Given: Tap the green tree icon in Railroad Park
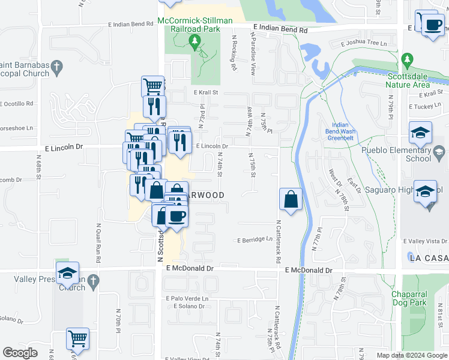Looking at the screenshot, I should (194, 41).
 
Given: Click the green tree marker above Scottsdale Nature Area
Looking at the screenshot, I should (408, 60).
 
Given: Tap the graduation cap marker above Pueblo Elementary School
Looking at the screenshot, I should (420, 133).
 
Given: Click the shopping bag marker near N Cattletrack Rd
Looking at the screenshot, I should (291, 199).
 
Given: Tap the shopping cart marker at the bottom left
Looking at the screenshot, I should (77, 340).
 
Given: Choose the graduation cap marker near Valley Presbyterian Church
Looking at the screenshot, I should (68, 275).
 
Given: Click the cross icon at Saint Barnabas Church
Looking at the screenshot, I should (57, 65).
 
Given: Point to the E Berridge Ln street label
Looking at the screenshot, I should (255, 239).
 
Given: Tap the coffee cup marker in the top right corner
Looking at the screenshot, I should (432, 25).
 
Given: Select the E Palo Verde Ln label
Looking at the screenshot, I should (188, 298).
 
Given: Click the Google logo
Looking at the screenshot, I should (20, 353).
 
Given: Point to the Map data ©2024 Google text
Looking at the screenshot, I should (412, 355).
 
